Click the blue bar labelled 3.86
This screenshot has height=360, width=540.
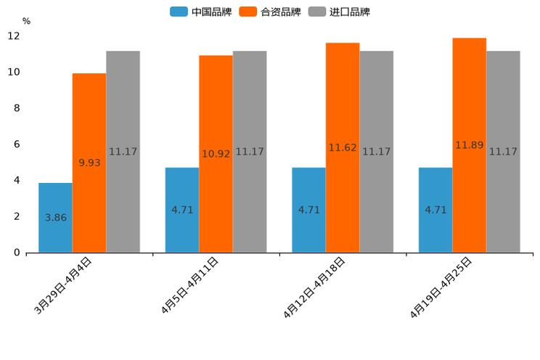pyautogui.click(x=55, y=218)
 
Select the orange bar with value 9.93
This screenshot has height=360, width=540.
pyautogui.click(x=89, y=163)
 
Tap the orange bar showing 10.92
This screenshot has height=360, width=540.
pyautogui.click(x=216, y=154)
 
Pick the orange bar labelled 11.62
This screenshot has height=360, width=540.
pyautogui.click(x=343, y=147)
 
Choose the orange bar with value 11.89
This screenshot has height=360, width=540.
pyautogui.click(x=469, y=145)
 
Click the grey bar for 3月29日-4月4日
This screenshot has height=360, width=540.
pyautogui.click(x=123, y=152)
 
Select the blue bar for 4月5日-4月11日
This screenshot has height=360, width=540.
pyautogui.click(x=182, y=210)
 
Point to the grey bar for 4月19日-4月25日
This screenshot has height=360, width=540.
pyautogui.click(x=503, y=152)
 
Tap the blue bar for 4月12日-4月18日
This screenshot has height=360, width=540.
pyautogui.click(x=308, y=210)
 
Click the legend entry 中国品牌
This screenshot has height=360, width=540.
pyautogui.click(x=201, y=12)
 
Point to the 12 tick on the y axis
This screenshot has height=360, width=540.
pyautogui.click(x=14, y=36)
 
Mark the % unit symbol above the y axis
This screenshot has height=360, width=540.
pyautogui.click(x=26, y=21)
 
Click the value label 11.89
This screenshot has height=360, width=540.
pyautogui.click(x=469, y=145)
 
